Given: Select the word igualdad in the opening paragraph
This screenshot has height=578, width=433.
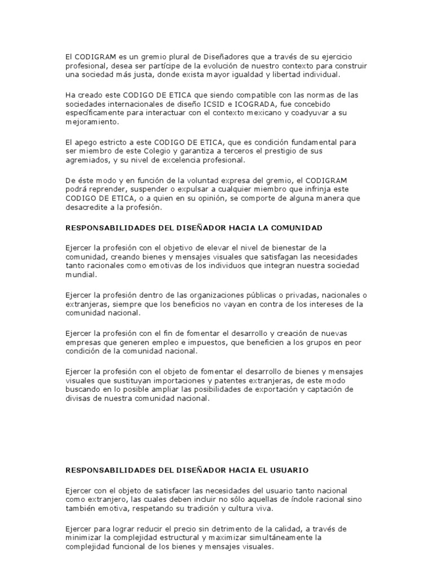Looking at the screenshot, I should coord(267,75).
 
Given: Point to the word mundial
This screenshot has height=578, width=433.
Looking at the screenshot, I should coord(81,275).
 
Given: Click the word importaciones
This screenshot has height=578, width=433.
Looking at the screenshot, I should coord(173,380).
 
